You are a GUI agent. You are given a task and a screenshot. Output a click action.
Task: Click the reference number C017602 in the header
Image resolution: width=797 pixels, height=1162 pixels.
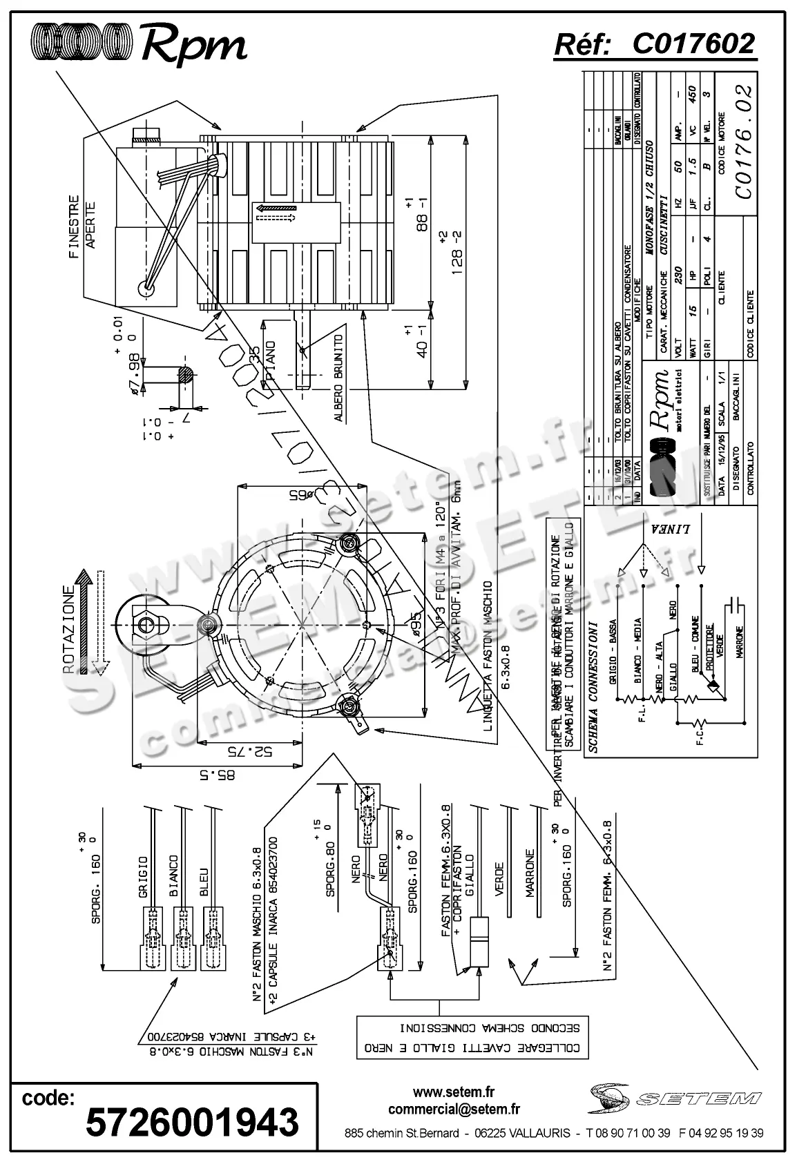point(693,44)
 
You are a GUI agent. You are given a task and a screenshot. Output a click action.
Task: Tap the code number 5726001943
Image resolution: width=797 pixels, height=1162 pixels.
point(192,1122)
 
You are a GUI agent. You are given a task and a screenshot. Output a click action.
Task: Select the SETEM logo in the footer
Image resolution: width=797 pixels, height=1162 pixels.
point(675,1098)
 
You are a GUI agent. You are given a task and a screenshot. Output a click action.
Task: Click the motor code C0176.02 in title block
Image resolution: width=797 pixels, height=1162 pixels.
point(743,142)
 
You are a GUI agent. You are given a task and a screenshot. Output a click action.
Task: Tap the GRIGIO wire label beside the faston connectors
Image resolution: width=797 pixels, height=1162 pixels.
point(143,877)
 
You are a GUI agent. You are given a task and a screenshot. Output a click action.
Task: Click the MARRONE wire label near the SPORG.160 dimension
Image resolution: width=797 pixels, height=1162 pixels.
point(530,873)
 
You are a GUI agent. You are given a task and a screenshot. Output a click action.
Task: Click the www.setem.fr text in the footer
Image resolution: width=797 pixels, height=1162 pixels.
point(454,1092)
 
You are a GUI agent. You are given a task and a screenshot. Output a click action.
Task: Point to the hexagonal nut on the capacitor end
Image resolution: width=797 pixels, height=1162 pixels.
point(144,626)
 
